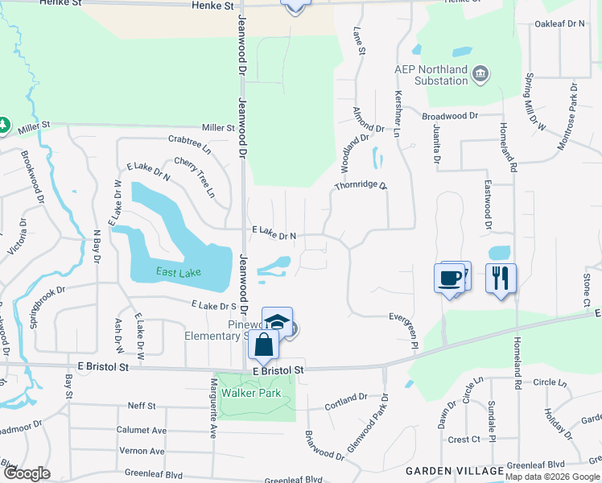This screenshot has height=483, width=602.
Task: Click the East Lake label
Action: [179, 272]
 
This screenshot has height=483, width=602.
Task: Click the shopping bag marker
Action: [263, 345]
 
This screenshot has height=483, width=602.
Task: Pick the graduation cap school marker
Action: [277, 321]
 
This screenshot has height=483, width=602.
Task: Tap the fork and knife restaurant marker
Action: [501, 279]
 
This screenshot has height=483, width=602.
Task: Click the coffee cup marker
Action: [449, 279]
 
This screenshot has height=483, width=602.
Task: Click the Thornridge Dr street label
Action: [361, 186]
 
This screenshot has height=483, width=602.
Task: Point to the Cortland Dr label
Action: [345, 400]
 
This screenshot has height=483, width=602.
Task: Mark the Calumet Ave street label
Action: [141, 431]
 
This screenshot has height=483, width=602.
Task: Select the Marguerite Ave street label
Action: [214, 407]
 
